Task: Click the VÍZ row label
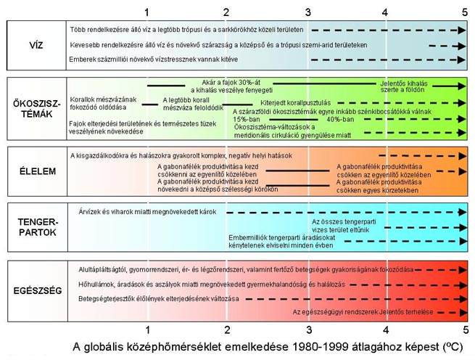tap(36, 44)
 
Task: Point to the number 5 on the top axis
tap(464, 12)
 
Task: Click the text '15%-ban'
tap(246, 120)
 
